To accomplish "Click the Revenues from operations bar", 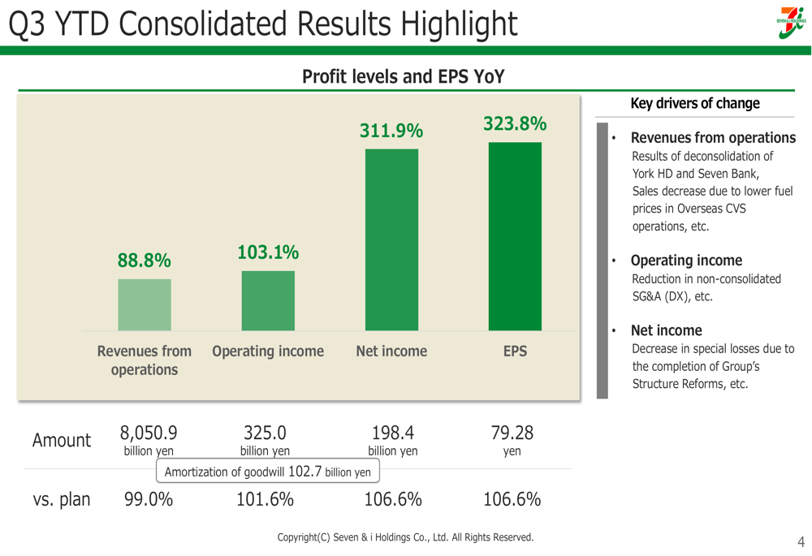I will [145, 304].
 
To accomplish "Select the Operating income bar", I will [268, 300].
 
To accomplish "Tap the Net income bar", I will [391, 239].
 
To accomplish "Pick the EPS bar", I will [515, 236].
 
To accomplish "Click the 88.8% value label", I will [145, 261].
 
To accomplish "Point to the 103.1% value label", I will [268, 252].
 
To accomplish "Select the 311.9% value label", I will [391, 131].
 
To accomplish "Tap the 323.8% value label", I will [515, 124].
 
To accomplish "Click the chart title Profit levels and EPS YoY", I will [404, 77].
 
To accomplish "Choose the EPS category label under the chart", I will [515, 351].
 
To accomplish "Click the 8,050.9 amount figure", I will [149, 433].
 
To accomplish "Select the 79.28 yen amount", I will [512, 433].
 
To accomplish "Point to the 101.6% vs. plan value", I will [265, 499].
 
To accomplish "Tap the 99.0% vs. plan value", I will [149, 499].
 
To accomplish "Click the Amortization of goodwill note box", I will [268, 472].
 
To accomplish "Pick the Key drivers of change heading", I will [695, 103].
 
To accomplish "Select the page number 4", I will [801, 541].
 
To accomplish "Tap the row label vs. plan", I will [62, 499].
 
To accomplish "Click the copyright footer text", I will [405, 537].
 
